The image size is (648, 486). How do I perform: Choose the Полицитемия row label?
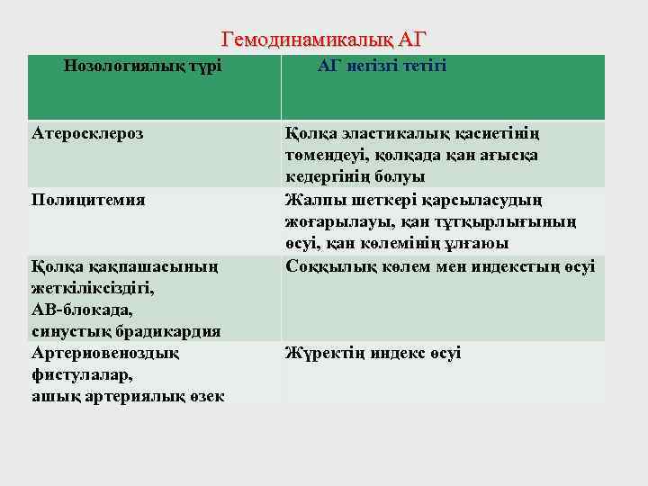88,199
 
